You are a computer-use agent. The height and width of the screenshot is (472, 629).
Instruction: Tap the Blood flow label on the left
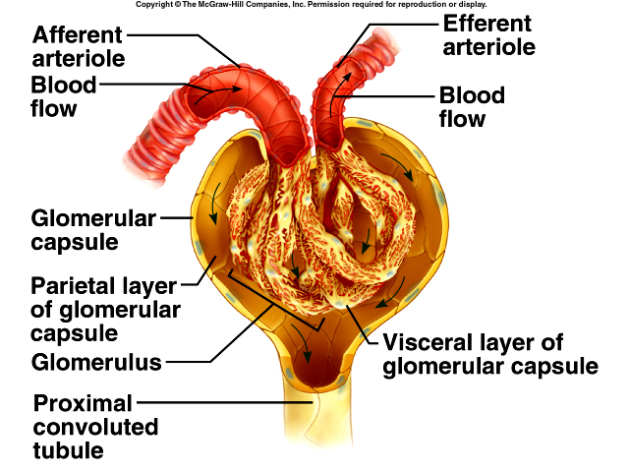(x=63, y=96)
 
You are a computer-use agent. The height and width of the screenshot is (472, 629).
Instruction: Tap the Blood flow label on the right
(x=472, y=107)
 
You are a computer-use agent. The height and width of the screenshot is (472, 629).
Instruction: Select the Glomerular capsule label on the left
(x=93, y=229)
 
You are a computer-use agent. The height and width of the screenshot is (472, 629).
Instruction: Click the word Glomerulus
(x=96, y=362)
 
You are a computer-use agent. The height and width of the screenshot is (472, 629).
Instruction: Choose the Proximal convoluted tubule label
(x=95, y=427)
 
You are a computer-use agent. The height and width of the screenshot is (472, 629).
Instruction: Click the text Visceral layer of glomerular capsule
(x=489, y=355)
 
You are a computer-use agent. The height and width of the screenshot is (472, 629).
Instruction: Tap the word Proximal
(x=83, y=403)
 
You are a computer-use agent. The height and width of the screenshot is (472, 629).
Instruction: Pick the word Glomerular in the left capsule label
(x=93, y=218)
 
